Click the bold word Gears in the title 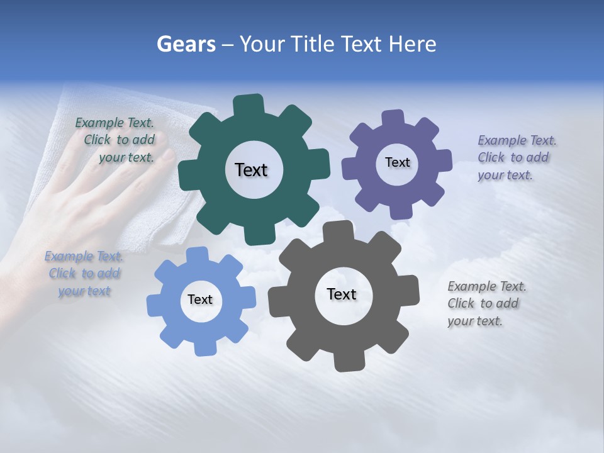(x=186, y=44)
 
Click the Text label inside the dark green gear (x=251, y=170)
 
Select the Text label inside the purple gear (x=397, y=162)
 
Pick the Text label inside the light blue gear (x=200, y=299)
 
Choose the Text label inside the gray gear (x=342, y=294)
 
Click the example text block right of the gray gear (x=486, y=303)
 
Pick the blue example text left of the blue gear (x=84, y=273)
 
